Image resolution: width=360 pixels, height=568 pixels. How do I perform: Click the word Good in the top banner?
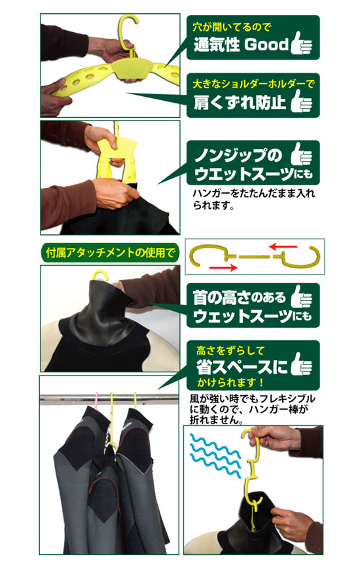point(266,44)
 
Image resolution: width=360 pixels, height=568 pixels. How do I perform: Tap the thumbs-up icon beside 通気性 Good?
point(301,43)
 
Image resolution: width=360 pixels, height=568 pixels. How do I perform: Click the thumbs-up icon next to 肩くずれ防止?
point(301,100)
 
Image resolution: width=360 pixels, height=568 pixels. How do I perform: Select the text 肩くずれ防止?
point(240,102)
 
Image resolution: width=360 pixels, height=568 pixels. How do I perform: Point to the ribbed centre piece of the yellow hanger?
point(131,68)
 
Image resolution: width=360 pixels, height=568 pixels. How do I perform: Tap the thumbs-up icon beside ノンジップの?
point(301,154)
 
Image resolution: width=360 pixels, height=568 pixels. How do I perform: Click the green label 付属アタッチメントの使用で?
point(110,252)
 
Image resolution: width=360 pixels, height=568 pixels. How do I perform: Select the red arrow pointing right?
point(223,268)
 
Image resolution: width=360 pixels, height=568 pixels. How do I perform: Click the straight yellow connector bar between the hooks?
point(254,257)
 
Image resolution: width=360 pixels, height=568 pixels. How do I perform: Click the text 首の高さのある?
point(240,297)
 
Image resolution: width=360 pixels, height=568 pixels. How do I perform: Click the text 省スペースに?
point(242,366)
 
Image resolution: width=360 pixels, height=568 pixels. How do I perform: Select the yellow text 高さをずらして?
point(230,351)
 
